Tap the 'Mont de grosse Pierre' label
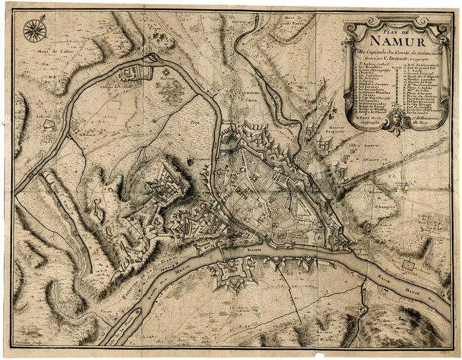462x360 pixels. click(x=285, y=22)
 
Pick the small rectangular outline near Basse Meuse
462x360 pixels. click(x=410, y=265)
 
